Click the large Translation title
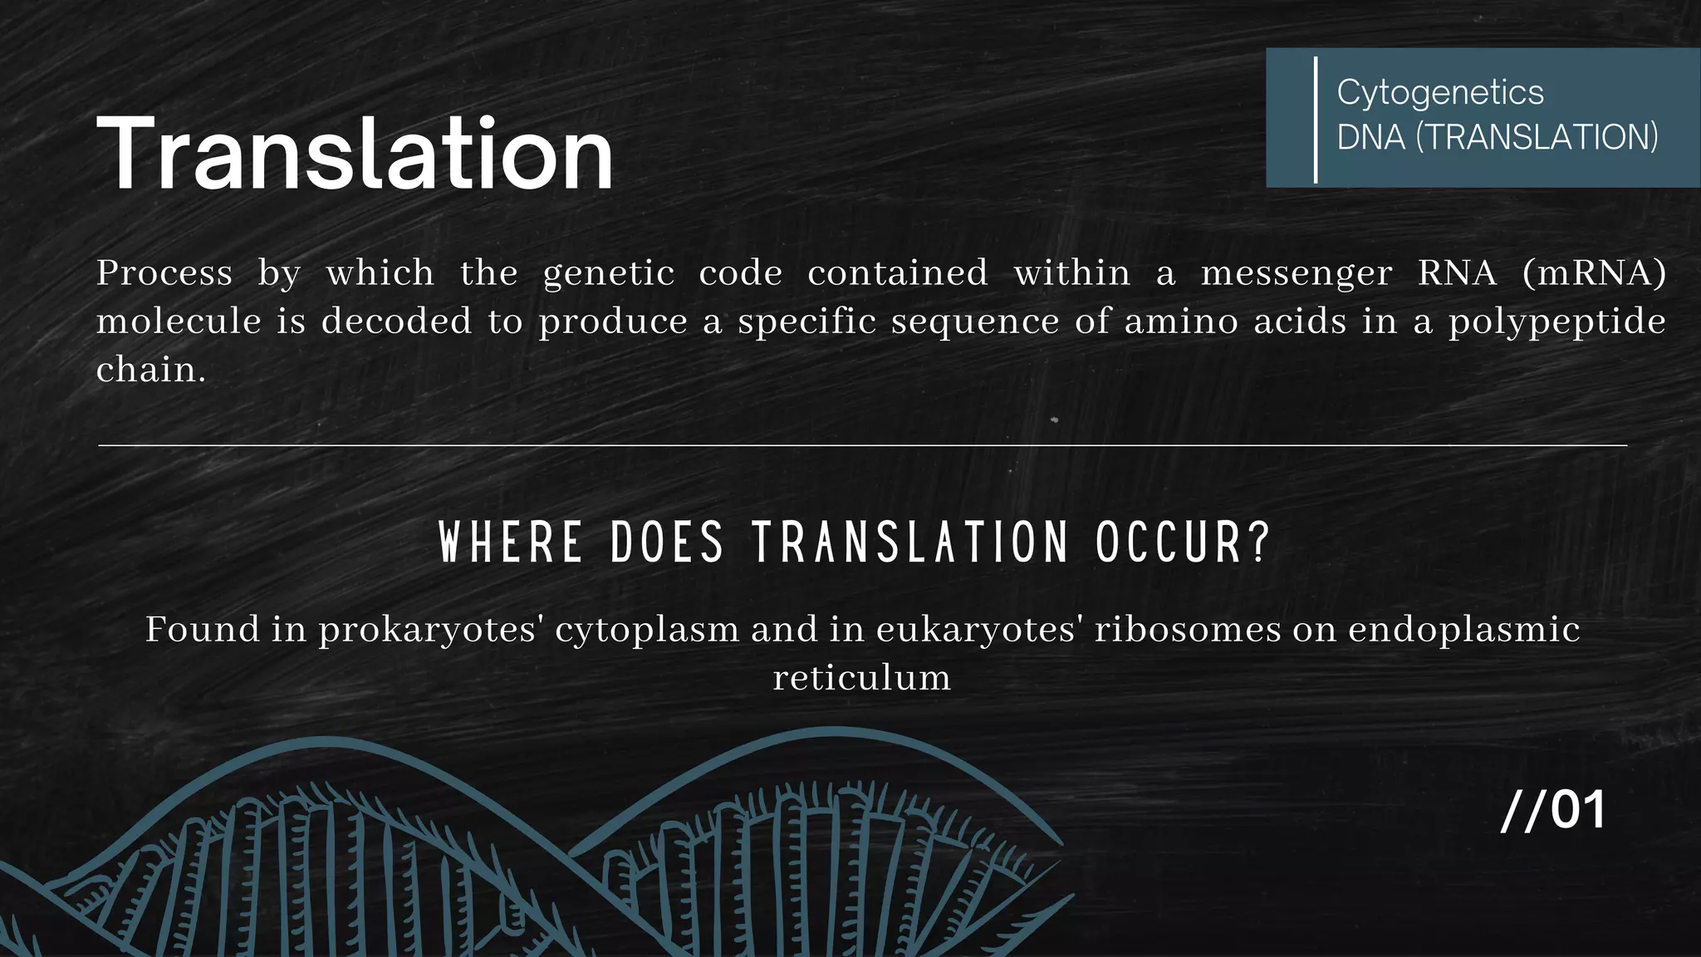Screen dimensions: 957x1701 click(355, 155)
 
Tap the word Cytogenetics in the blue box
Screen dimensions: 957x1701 click(1439, 92)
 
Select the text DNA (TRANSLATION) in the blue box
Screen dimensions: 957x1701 click(1497, 137)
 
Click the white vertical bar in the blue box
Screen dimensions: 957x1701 click(1316, 119)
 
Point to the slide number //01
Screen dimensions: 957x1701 click(1552, 810)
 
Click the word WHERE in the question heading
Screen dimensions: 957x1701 click(510, 542)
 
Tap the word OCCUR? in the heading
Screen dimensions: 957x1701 click(1183, 542)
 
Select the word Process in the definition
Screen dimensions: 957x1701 click(164, 273)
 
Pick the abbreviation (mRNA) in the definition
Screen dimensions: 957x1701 click(1594, 273)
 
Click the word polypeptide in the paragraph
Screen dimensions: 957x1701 click(1556, 322)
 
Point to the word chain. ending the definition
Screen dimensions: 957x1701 click(150, 370)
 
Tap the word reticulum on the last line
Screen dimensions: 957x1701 click(861, 678)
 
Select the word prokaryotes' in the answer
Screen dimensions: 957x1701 click(431, 630)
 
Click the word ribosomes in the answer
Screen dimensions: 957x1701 click(1188, 630)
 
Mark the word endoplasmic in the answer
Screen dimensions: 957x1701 click(1463, 630)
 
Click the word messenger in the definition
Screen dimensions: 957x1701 click(1296, 273)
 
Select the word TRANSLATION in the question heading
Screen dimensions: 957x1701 click(910, 542)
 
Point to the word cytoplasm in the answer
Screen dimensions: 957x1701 click(647, 630)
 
